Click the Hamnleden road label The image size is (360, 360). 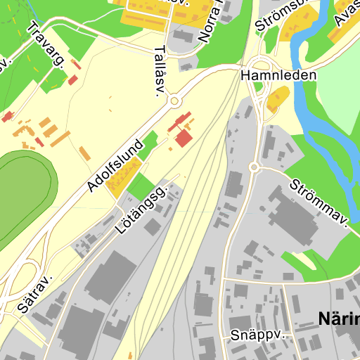coord(278,74)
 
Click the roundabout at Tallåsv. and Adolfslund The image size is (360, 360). coord(173,101)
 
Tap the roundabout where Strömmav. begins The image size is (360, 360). coord(255,167)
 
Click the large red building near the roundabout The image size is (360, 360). coord(183,137)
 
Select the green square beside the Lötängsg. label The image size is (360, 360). coord(140,186)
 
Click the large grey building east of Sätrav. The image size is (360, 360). coord(109,278)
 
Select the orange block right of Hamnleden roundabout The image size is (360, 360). coord(278,99)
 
